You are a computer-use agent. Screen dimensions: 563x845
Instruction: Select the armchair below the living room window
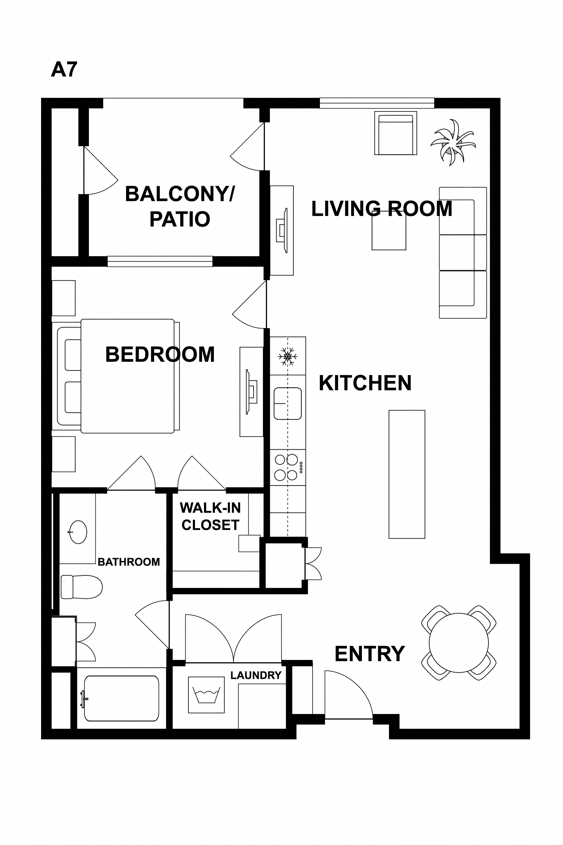coord(396,133)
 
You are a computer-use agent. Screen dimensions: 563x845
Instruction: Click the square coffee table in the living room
coord(389,231)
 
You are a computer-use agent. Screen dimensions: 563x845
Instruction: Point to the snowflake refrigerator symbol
coord(288,356)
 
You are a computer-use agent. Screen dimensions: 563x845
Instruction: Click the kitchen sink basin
coord(288,403)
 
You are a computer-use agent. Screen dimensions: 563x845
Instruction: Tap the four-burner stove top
coord(288,467)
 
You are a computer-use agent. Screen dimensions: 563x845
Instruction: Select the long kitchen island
coord(407,474)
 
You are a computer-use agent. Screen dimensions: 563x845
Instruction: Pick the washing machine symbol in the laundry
coord(207,695)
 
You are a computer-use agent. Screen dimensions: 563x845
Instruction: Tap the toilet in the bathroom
coord(82,587)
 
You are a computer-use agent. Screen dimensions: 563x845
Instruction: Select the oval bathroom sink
coord(78,532)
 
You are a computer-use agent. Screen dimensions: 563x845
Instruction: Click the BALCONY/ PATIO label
coord(180,207)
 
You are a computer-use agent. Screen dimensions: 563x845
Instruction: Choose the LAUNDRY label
coord(256,676)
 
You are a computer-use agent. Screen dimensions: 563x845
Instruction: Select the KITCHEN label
coord(365,383)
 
